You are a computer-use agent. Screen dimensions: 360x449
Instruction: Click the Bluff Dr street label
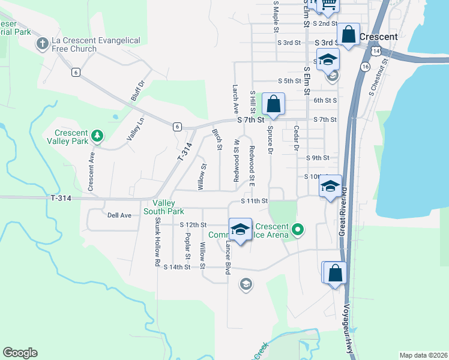138,92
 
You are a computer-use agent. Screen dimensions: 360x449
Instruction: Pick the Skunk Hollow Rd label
157,241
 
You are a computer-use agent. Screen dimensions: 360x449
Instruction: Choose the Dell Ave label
119,215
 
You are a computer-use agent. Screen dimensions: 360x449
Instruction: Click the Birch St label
217,140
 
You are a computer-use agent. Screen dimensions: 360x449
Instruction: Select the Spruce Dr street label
271,139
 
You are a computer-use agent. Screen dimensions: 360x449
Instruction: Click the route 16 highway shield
365,67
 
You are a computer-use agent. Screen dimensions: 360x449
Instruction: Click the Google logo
20,353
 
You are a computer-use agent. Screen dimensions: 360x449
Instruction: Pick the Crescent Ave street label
91,171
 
